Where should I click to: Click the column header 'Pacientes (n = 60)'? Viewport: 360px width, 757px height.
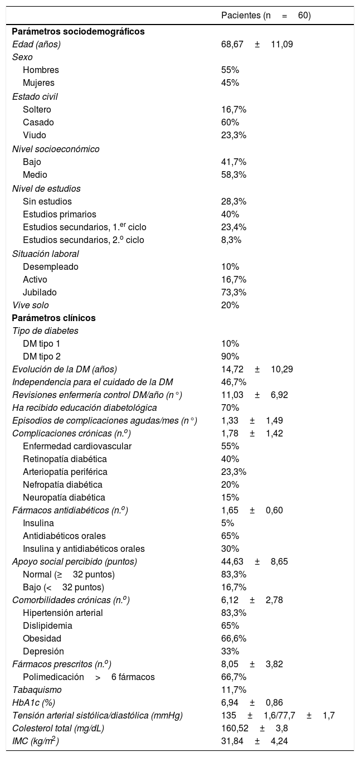[x=266, y=16]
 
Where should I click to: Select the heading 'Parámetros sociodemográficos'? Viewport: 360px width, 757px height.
[x=78, y=31]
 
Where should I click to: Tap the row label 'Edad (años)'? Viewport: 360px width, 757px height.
[x=36, y=44]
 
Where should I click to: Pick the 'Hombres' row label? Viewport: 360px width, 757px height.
[x=41, y=70]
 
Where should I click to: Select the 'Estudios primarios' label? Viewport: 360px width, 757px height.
[x=60, y=214]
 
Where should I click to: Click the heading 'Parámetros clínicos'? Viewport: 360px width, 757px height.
[x=53, y=318]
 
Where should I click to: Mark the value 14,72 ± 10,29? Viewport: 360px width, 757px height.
[x=257, y=369]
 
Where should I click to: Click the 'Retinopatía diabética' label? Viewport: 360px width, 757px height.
[x=65, y=459]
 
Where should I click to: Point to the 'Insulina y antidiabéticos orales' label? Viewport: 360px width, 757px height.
[x=84, y=549]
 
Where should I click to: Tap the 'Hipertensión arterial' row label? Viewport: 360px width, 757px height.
[x=63, y=613]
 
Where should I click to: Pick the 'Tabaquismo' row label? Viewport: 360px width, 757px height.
[x=37, y=690]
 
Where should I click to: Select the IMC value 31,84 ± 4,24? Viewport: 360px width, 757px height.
[x=255, y=741]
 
